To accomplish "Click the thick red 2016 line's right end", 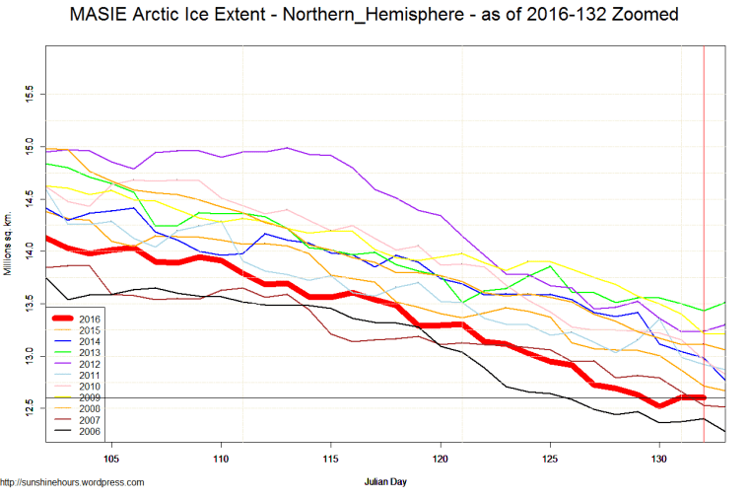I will pyautogui.click(x=703, y=397).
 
